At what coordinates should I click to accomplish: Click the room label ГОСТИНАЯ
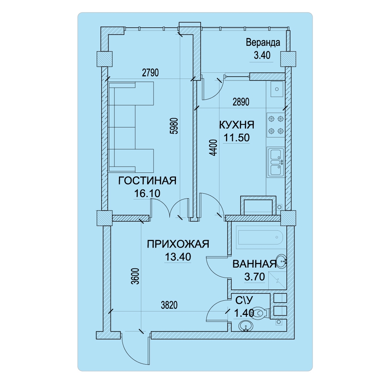point(147,181)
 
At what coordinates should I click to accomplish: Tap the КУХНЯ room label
point(237,125)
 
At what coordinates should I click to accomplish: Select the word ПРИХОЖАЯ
point(178,244)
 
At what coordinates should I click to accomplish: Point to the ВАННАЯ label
point(254,264)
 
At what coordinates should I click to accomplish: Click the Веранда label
point(263,42)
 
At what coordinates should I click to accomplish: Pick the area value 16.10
point(147,194)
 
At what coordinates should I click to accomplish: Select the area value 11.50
point(237,138)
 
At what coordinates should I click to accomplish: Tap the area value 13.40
point(178,257)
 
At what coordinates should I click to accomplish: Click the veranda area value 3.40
point(262,55)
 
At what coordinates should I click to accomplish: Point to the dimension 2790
point(151,73)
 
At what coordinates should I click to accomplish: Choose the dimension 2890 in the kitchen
point(241,102)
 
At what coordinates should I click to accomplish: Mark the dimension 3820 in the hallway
point(169,305)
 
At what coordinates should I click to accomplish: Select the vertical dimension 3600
point(135,276)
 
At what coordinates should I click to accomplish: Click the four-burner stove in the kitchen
point(276,125)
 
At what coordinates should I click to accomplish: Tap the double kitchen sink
point(276,162)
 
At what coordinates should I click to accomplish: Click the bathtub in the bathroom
point(260,238)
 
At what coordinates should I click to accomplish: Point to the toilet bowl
point(260,313)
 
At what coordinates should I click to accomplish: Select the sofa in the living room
point(131,127)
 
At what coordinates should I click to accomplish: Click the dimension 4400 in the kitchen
point(214,147)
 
